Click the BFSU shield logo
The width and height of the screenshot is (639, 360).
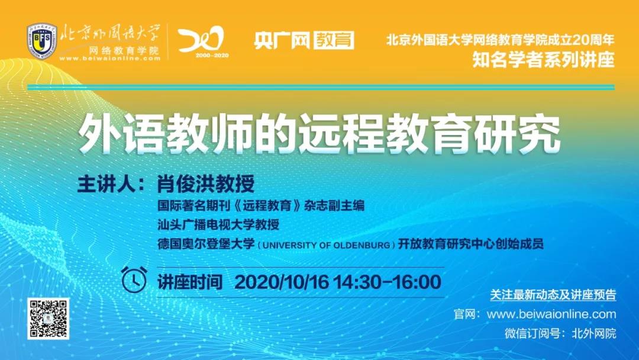[x=42, y=41]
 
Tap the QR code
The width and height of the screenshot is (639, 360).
[x=48, y=319]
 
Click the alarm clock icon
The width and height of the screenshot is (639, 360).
[x=134, y=279]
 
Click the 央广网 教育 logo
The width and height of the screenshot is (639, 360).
[x=304, y=40]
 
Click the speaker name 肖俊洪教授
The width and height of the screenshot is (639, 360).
[x=206, y=184]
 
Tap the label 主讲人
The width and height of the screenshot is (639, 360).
[x=106, y=184]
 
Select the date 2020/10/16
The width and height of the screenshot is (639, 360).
[x=282, y=282]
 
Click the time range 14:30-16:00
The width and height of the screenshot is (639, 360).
[x=388, y=282]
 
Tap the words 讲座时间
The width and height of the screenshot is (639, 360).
[x=190, y=282]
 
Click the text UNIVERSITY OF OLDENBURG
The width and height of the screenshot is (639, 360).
[x=327, y=246]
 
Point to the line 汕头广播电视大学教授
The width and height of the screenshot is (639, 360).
[x=218, y=224]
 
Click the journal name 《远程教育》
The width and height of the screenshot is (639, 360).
[x=267, y=205]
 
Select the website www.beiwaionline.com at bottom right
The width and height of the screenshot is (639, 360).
[x=551, y=314]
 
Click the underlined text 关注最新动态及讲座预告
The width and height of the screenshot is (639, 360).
[x=553, y=295]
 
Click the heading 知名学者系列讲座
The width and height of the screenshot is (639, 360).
[x=543, y=60]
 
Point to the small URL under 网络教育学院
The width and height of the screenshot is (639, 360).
[x=110, y=58]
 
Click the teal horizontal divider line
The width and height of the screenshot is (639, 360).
[x=321, y=87]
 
